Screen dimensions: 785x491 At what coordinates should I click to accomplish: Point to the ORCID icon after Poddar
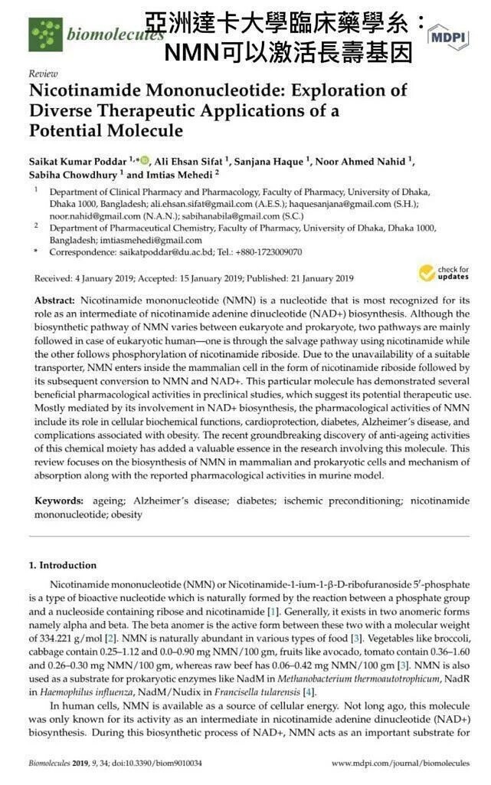143,159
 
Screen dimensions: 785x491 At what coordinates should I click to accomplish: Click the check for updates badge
443,273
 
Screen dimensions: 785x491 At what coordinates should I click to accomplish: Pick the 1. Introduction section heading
63,565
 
